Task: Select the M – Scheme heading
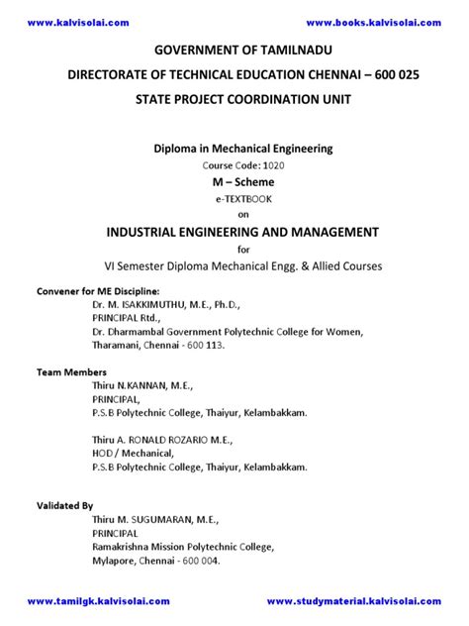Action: (234, 182)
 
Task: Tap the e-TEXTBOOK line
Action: (234, 199)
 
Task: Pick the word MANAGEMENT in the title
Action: (328, 232)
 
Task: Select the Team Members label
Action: (72, 371)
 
